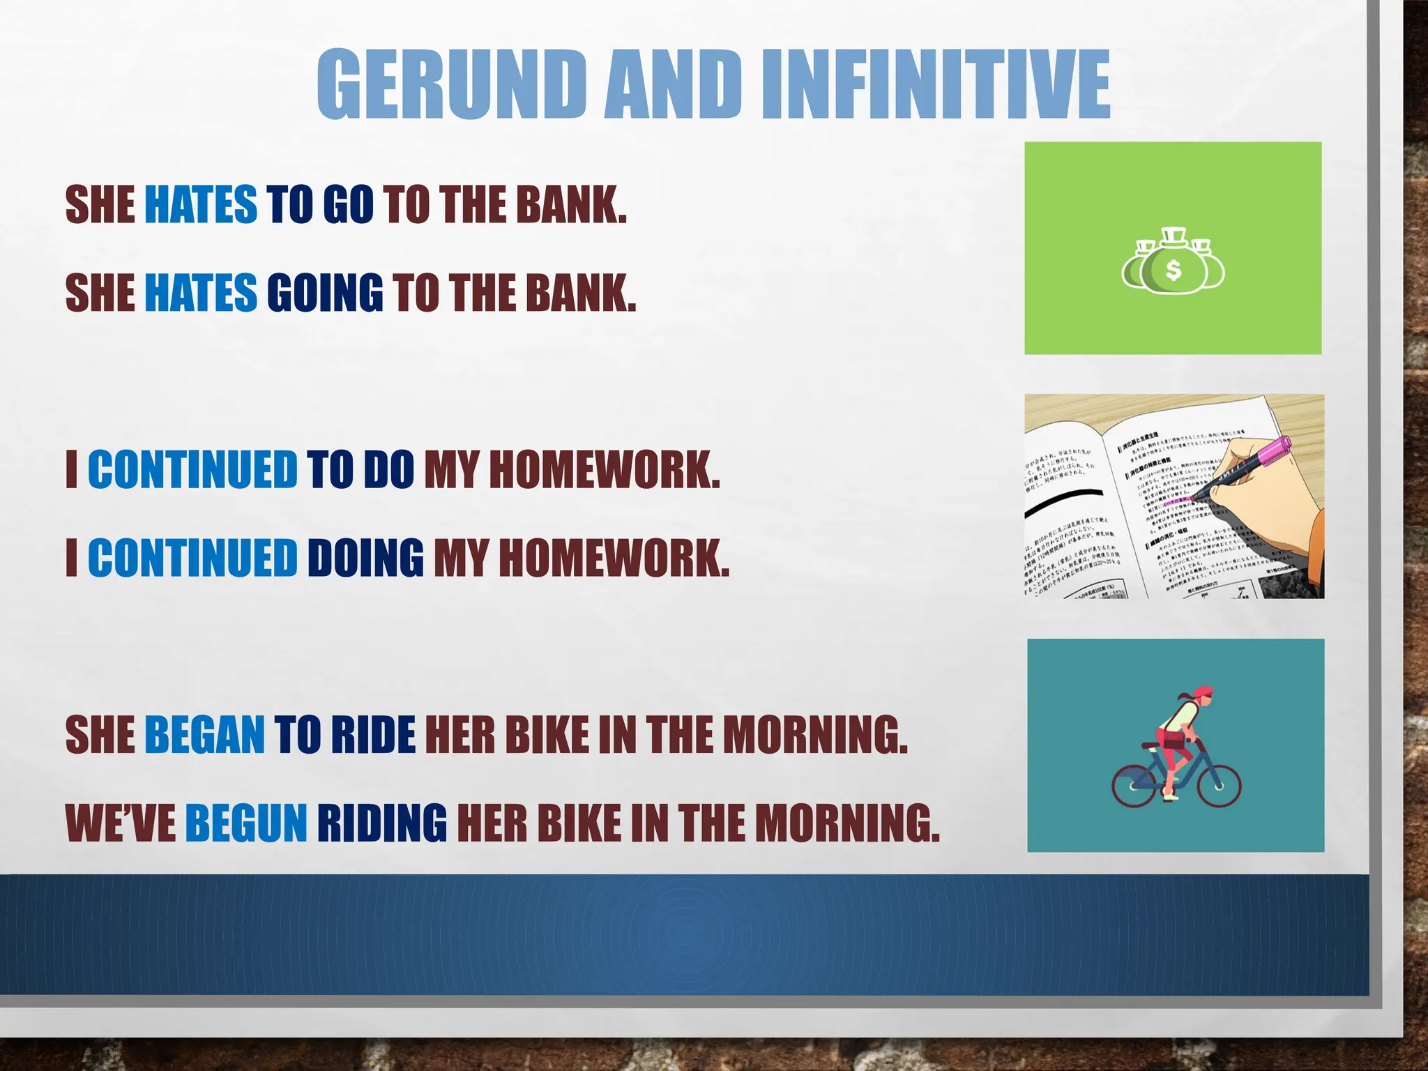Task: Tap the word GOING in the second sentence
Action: pyautogui.click(x=325, y=293)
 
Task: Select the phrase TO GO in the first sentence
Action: pyautogui.click(x=320, y=205)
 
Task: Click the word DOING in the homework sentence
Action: pyautogui.click(x=365, y=558)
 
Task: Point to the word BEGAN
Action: pyautogui.click(x=204, y=735)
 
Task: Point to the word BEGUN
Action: pyautogui.click(x=245, y=823)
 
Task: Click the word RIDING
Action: pyautogui.click(x=382, y=823)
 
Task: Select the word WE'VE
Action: pyautogui.click(x=121, y=823)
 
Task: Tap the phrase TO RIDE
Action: pyautogui.click(x=344, y=735)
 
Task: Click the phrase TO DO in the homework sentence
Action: pyautogui.click(x=360, y=470)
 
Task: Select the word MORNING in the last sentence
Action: pyautogui.click(x=847, y=823)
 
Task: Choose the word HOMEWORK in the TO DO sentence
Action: pyautogui.click(x=604, y=470)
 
